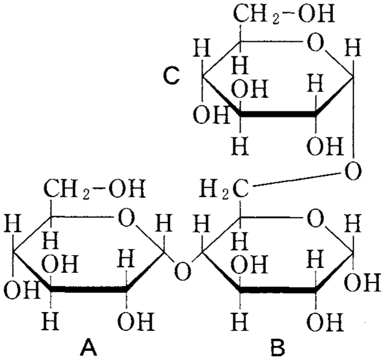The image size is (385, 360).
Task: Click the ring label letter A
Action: (88, 347)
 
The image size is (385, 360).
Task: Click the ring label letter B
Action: (277, 347)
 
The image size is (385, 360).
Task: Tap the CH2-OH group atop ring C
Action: (284, 15)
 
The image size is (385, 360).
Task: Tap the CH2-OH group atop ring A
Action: (94, 189)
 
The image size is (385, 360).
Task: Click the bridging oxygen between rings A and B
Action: (182, 271)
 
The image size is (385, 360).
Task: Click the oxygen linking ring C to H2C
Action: (353, 171)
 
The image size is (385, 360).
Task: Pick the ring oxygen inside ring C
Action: (315, 42)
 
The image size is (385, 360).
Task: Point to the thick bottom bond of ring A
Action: (89, 289)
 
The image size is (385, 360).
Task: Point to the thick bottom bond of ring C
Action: (277, 114)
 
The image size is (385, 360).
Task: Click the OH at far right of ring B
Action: (362, 283)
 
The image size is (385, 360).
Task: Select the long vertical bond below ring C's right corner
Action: (354, 117)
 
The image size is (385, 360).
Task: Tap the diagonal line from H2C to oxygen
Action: (296, 179)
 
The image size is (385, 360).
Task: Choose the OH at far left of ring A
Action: (22, 290)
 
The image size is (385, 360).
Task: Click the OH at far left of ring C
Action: (211, 115)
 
